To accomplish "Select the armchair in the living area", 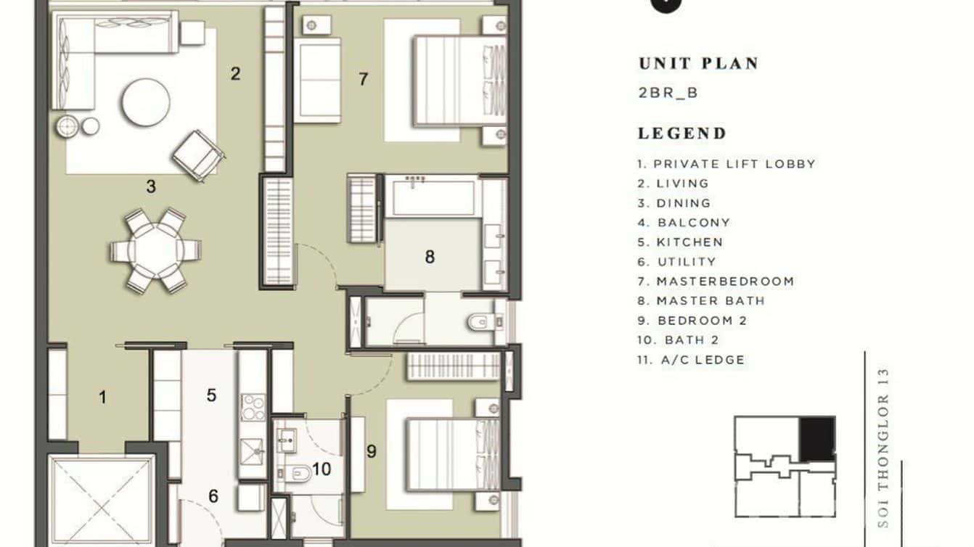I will [x=198, y=155].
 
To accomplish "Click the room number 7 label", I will [x=363, y=79].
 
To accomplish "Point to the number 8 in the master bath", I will [x=430, y=257].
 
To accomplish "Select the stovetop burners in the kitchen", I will [x=253, y=408].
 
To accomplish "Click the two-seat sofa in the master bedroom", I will [x=318, y=80].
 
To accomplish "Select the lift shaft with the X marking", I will [x=102, y=500].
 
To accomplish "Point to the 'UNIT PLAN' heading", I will [x=698, y=64].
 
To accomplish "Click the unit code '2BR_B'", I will [x=668, y=93].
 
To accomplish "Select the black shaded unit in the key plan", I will [x=817, y=438].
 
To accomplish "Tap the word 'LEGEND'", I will [x=682, y=133].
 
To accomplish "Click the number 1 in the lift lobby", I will [x=102, y=397].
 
